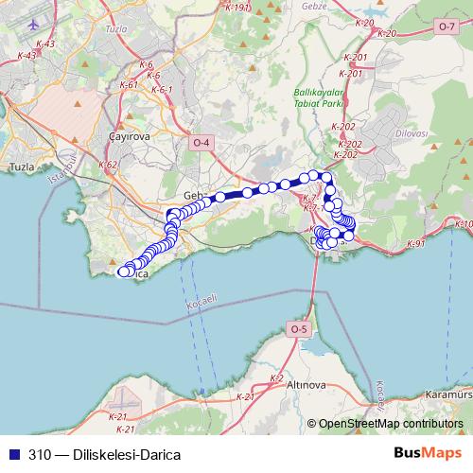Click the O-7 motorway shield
coord(447,26)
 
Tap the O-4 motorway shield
coord(201,142)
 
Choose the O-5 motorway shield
coord(298,328)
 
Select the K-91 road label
coord(416,243)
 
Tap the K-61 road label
coord(130,84)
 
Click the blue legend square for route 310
coord(13,454)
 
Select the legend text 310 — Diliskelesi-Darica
coord(104,454)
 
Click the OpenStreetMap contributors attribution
coord(390,425)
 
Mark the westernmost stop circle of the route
coord(121,272)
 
